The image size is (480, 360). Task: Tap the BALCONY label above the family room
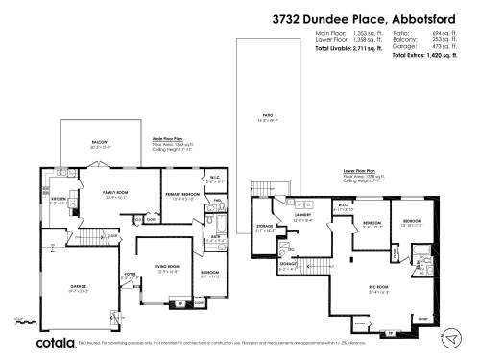pos(99,144)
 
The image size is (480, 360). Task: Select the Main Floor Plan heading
pos(171,137)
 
